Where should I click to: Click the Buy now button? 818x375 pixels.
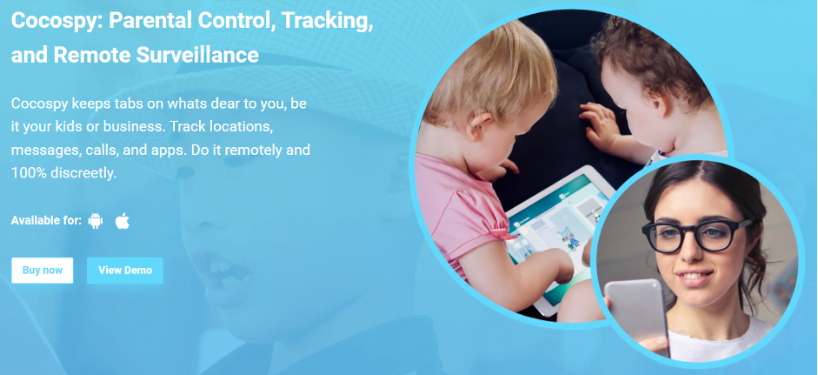(43, 270)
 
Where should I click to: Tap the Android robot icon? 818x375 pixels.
(96, 221)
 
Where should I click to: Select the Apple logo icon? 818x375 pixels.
(122, 221)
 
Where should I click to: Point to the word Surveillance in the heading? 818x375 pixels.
(198, 54)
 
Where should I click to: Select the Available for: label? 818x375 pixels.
(46, 221)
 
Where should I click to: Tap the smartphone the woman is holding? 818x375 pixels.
(636, 314)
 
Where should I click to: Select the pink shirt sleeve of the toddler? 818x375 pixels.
(472, 214)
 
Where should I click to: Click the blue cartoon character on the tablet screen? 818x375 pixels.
(569, 238)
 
